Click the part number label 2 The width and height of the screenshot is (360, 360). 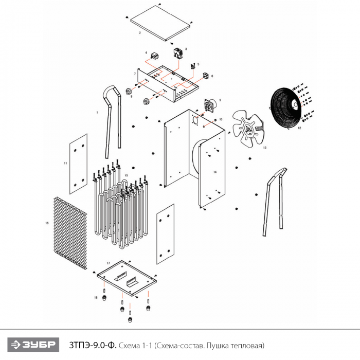point(140,32)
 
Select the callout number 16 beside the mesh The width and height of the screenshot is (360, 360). point(47,224)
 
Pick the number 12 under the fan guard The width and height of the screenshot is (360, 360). point(299,128)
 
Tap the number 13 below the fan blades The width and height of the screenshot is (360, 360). point(264,148)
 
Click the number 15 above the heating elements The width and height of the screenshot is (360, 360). point(126,175)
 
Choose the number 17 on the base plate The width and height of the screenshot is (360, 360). point(108,263)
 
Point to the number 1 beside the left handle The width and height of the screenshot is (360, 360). point(97,112)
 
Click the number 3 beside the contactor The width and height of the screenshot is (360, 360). point(186,49)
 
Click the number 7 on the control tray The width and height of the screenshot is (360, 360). point(135,74)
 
